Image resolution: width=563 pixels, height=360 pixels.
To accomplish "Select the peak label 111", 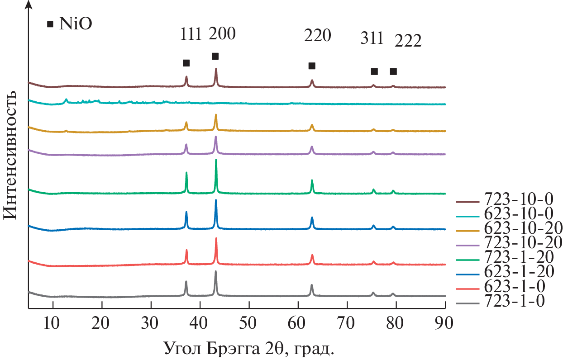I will coord(190,35).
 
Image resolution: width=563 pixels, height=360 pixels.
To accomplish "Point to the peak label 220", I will coord(317,35).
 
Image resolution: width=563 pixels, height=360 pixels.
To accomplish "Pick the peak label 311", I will coord(372,39).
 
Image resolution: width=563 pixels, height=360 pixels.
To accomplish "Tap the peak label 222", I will coord(408,41).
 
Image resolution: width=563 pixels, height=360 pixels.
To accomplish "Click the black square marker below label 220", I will coord(312,66).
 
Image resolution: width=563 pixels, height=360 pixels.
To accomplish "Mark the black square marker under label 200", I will coord(215,56).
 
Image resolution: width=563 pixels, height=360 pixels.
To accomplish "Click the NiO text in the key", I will coord(76,24).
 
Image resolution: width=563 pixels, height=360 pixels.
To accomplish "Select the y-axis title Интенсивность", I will coord(10,154).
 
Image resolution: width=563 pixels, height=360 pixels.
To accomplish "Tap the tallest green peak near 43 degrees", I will coord(216,161).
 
